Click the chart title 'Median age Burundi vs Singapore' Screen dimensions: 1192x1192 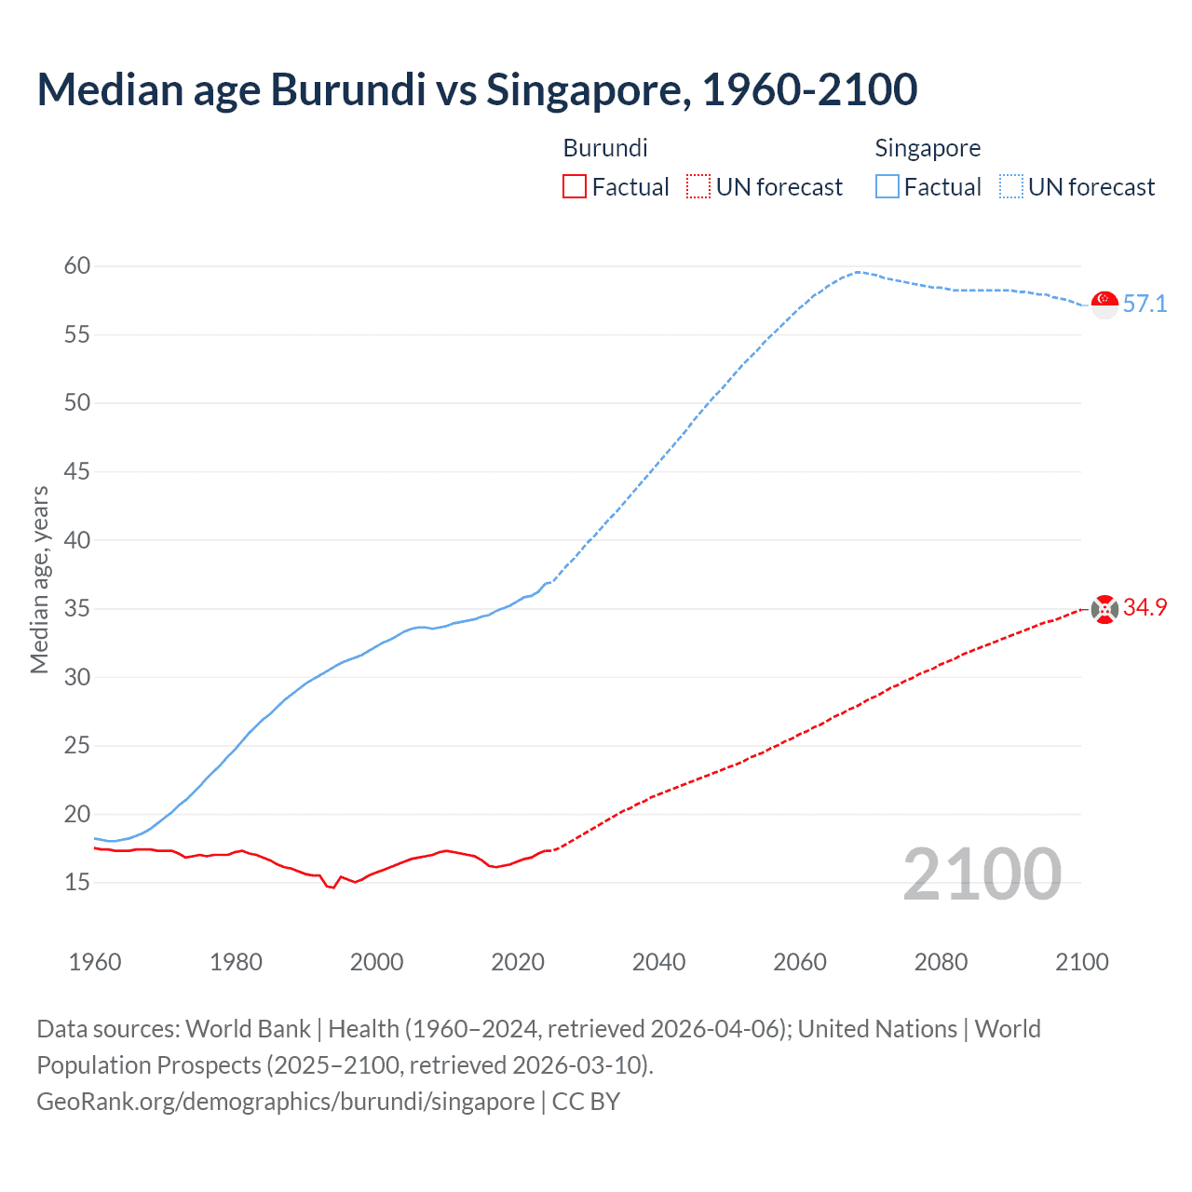point(477,89)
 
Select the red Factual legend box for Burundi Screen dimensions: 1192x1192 point(575,187)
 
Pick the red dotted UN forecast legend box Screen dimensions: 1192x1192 point(698,187)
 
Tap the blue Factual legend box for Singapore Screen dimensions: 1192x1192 point(887,187)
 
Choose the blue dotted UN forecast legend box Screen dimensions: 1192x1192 point(1010,187)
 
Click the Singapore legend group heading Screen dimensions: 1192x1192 point(928,148)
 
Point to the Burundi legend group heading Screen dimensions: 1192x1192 point(605,148)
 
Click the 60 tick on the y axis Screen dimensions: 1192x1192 point(77,266)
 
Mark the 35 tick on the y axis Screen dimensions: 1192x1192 point(77,609)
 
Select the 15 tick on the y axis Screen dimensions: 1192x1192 point(77,882)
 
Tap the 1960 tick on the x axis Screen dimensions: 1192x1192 point(95,962)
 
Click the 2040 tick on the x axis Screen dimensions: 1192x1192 point(658,962)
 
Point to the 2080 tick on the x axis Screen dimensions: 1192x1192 point(941,962)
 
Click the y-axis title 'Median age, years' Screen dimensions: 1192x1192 point(39,579)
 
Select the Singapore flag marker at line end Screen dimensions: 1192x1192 point(1104,305)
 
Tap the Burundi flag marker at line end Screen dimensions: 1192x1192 point(1104,609)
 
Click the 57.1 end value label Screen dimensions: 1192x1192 point(1145,305)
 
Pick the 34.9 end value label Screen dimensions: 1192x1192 point(1145,608)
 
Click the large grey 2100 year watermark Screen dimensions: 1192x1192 point(982,874)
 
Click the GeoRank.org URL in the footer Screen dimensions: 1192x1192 point(285,1102)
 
